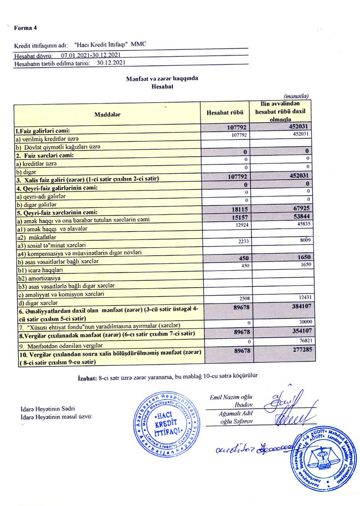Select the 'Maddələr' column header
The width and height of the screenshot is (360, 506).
coord(107,115)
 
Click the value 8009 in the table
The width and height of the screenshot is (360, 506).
coord(302,241)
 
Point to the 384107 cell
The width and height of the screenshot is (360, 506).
coord(297,307)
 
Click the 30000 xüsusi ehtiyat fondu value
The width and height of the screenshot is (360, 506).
coord(302,322)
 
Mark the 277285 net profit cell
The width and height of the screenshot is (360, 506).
coord(297,349)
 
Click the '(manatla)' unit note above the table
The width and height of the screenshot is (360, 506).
coord(295,96)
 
